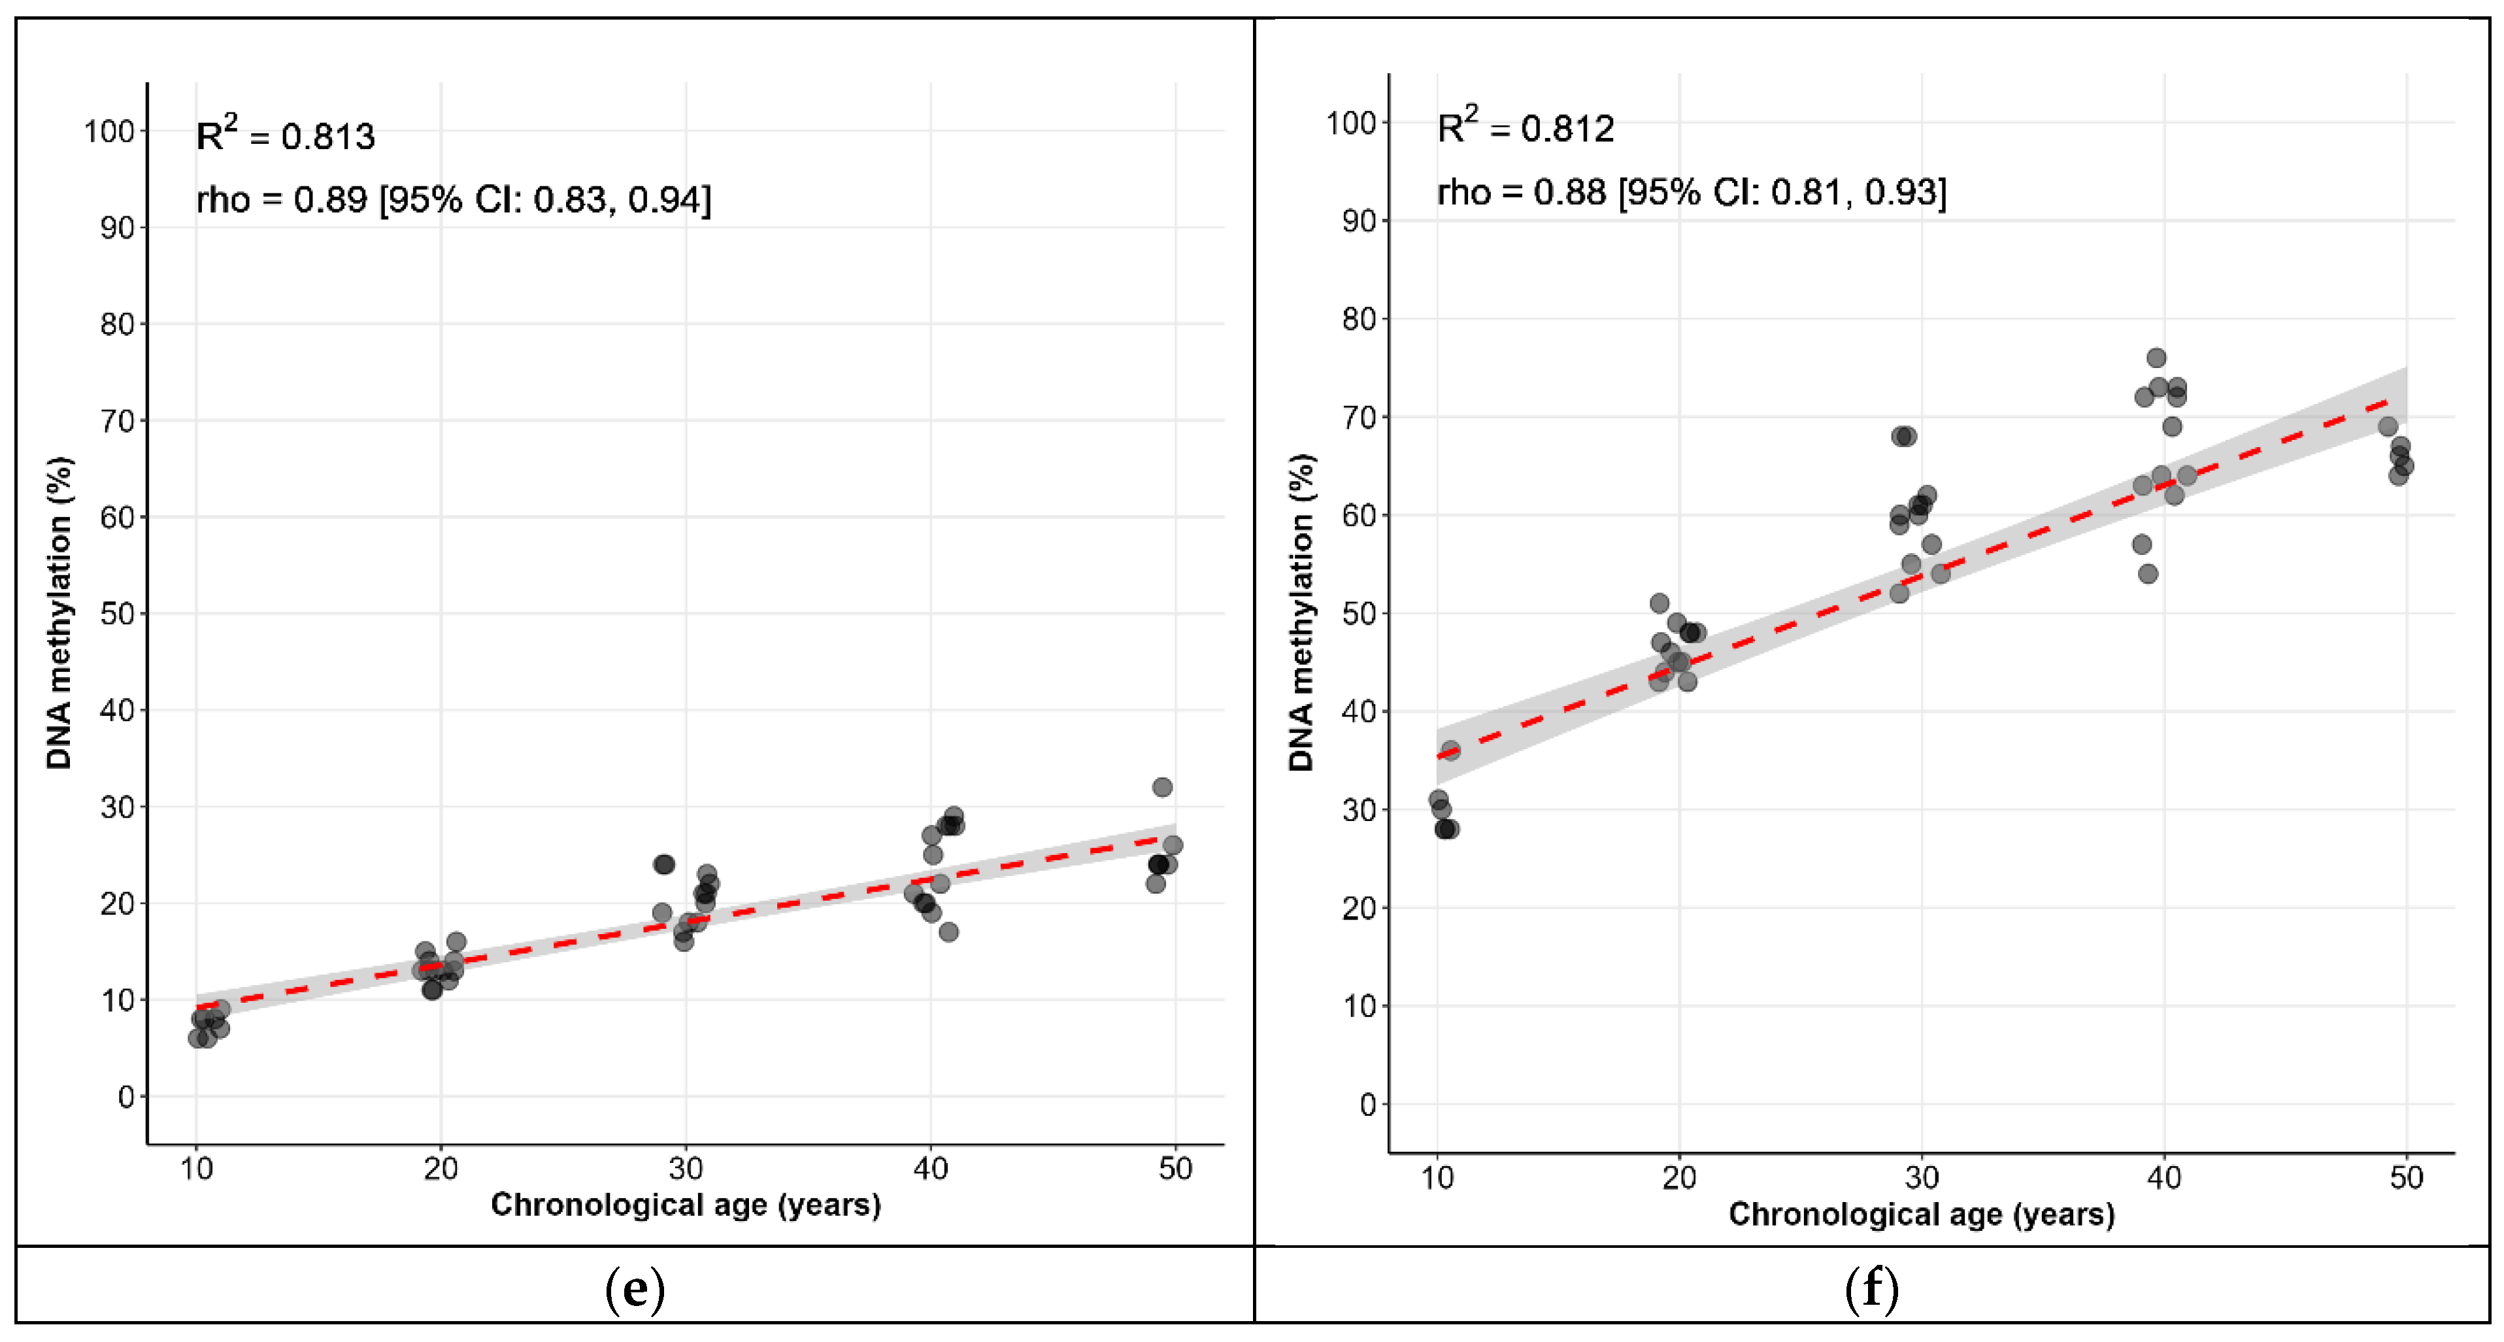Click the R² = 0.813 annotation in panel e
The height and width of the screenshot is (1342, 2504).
tap(285, 135)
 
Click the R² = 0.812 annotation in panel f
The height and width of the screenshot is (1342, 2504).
tap(1524, 127)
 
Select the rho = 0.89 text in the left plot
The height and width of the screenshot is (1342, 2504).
tap(453, 199)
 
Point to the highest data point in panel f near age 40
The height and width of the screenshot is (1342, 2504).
tap(2156, 358)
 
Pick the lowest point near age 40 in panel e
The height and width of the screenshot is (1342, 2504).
tap(948, 931)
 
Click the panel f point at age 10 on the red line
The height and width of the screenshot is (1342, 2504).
tap(1450, 750)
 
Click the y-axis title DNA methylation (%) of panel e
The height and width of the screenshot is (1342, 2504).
tap(59, 612)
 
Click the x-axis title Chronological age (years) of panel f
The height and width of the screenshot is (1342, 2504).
tap(1921, 1214)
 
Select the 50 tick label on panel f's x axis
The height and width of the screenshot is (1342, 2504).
tap(2406, 1178)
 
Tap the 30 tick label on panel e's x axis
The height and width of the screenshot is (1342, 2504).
tap(685, 1168)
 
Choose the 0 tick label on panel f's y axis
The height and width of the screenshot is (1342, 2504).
tap(1367, 1105)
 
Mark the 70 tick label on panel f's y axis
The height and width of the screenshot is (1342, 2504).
tap(1358, 418)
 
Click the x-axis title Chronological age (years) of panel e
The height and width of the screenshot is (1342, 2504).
tap(685, 1204)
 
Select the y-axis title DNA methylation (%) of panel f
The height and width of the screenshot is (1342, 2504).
tap(1301, 612)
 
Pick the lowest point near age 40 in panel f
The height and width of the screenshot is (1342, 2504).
tap(2148, 574)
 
